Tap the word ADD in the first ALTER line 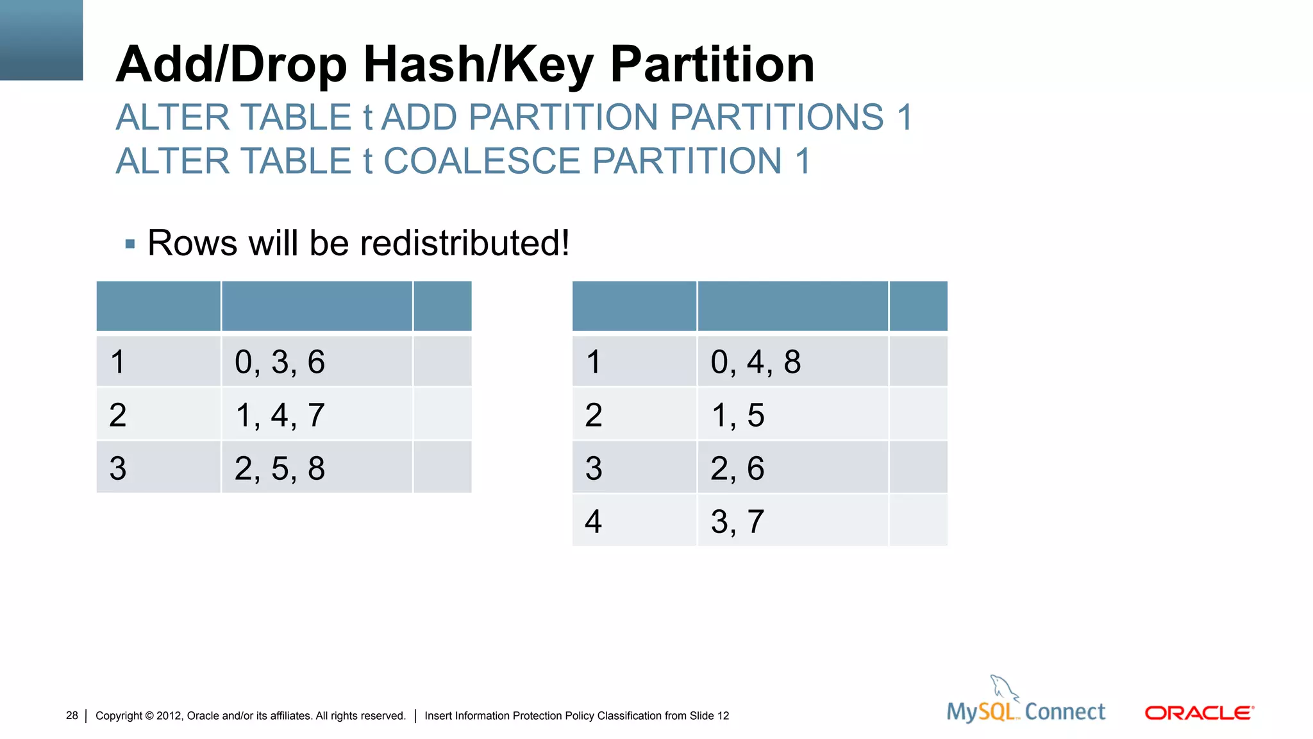[x=420, y=117]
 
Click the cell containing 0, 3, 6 [x=317, y=361]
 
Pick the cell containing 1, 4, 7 [x=317, y=414]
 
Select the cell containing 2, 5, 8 [x=317, y=468]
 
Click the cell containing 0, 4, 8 [x=792, y=361]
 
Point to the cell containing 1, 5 [x=792, y=414]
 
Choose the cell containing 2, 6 [x=792, y=468]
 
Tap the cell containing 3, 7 [x=792, y=521]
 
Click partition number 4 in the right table [x=594, y=521]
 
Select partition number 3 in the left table [x=118, y=468]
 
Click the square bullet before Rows [x=130, y=244]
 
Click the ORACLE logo [x=1199, y=713]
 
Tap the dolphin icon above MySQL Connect [x=1003, y=688]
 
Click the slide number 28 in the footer [x=72, y=715]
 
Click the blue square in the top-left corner [x=41, y=40]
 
